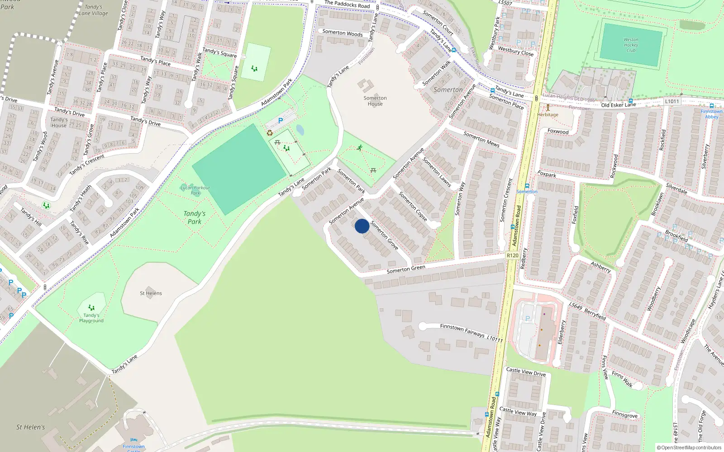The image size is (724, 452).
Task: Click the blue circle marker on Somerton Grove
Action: [x=362, y=226]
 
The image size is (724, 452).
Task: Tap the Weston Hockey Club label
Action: [x=631, y=45]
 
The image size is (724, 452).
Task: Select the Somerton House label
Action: [x=375, y=101]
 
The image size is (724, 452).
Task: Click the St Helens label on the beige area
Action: [x=151, y=293]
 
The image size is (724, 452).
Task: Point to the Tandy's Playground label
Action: [x=91, y=318]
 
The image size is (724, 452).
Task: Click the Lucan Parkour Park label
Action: [x=195, y=190]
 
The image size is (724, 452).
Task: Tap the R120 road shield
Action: [x=512, y=255]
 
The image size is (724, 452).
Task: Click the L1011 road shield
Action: [x=672, y=101]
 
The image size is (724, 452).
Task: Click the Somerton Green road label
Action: [x=406, y=269]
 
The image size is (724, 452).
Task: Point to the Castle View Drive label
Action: [x=526, y=372]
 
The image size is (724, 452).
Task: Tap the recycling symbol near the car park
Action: [x=270, y=133]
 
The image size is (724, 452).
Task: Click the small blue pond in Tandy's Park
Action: [x=300, y=130]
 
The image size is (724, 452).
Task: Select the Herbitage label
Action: [x=548, y=115]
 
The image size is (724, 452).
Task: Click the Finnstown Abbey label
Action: [x=711, y=114]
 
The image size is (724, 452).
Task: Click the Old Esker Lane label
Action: [x=618, y=105]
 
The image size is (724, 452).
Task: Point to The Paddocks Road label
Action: [x=347, y=5]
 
